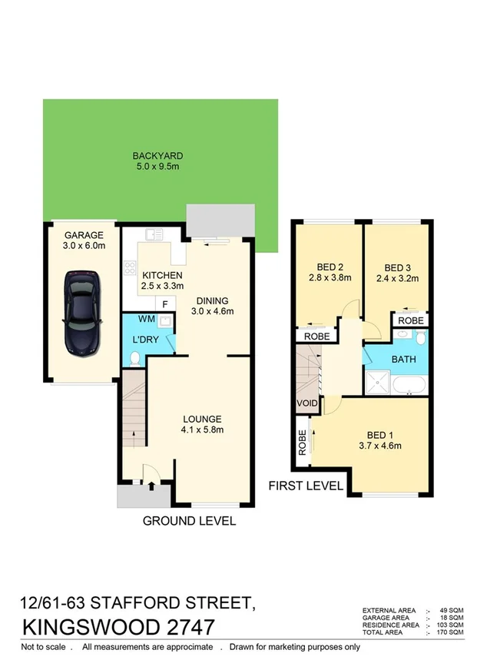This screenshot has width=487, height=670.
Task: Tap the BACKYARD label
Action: coord(157,156)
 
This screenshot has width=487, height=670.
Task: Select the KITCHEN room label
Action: coord(162,276)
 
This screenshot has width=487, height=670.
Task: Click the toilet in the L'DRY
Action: coord(135,358)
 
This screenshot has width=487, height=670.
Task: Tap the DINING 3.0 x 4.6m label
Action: coord(212,306)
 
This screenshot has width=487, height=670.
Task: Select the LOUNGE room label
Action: coord(202,419)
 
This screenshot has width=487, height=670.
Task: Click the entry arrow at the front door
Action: coord(150,485)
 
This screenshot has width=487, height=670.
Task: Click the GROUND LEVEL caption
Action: coord(189,521)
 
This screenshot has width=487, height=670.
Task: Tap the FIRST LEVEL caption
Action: coord(305,486)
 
